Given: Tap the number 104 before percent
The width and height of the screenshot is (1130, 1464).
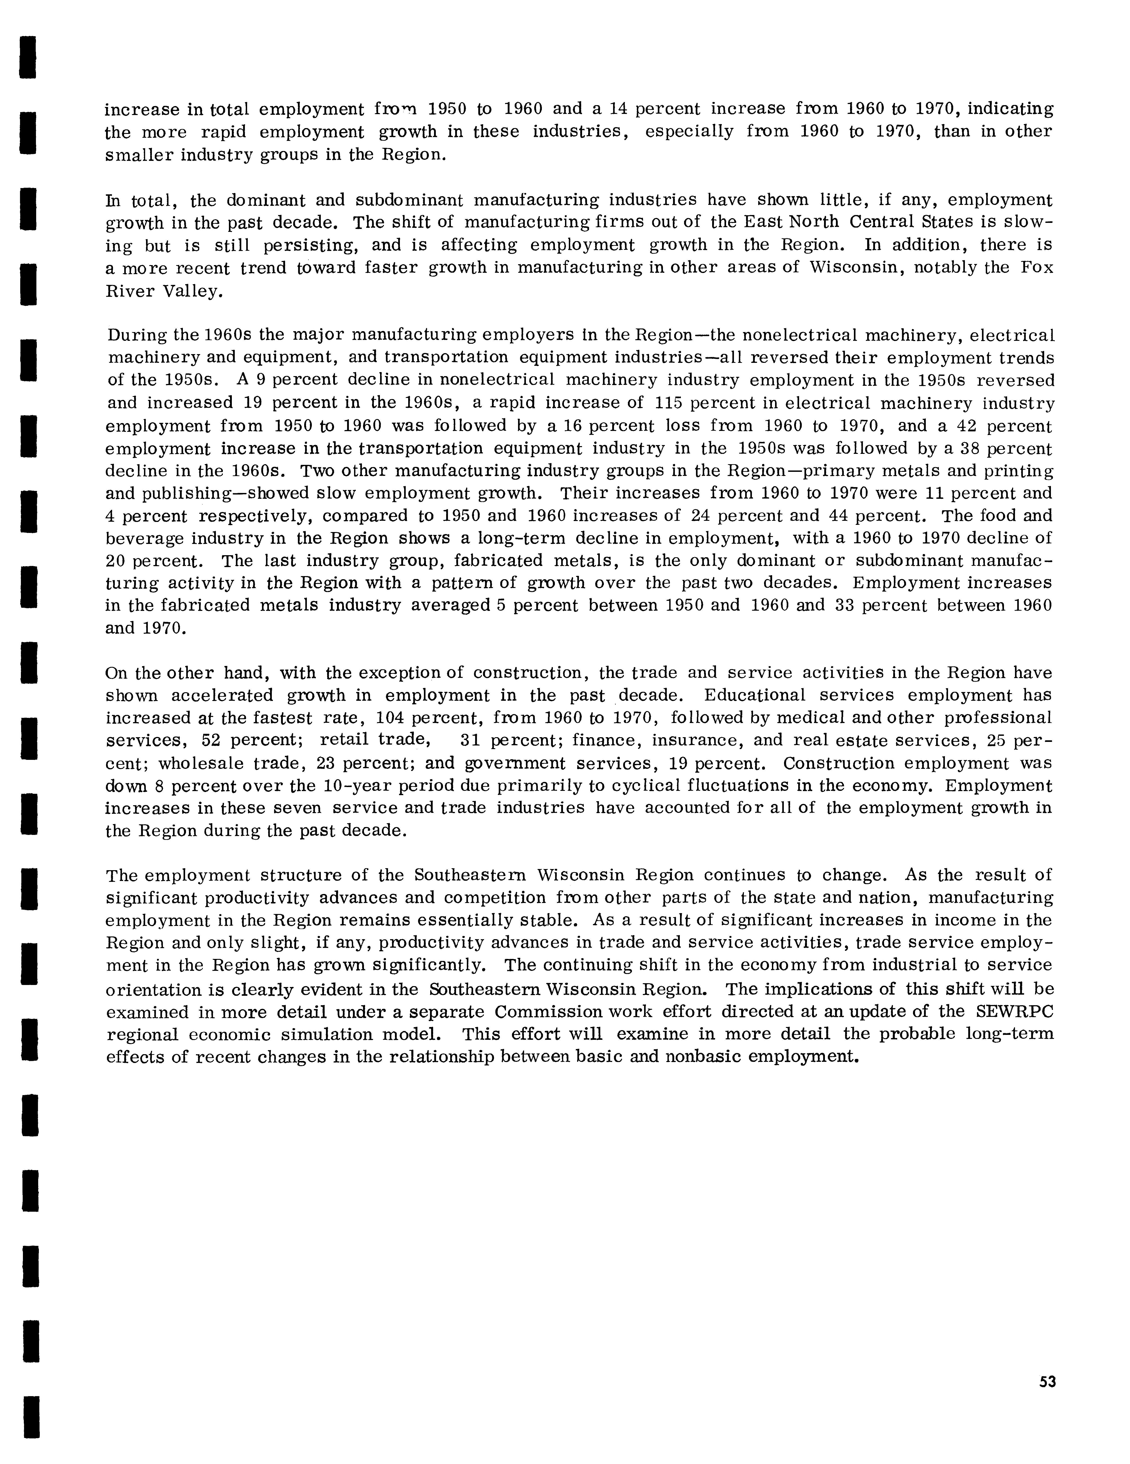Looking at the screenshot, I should click(x=389, y=718).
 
